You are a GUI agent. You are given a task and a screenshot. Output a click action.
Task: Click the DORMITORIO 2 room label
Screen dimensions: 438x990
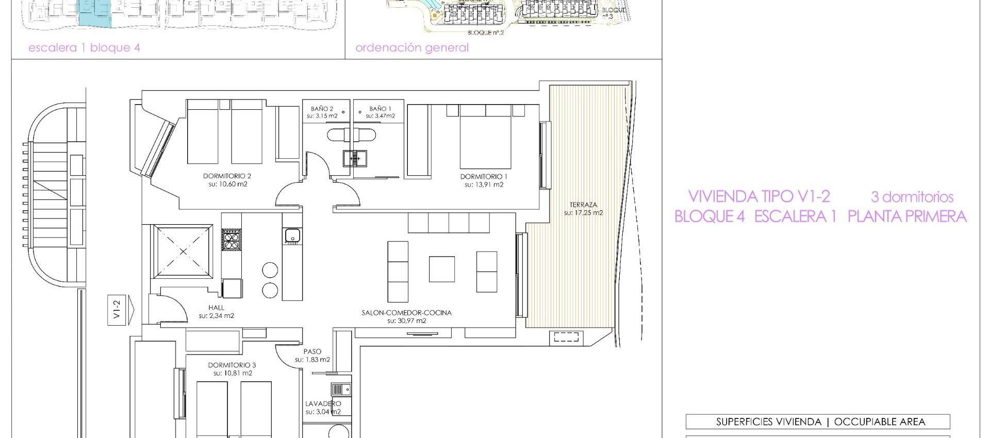coord(227,176)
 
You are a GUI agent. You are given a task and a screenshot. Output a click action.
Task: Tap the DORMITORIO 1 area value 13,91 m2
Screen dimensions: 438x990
coord(484,184)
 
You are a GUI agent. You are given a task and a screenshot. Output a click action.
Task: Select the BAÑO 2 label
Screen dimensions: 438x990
coord(322,109)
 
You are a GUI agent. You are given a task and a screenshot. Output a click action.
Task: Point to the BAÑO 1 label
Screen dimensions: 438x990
coord(381,109)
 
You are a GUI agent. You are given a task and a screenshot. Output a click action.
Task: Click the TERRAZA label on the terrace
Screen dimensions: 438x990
coord(583,205)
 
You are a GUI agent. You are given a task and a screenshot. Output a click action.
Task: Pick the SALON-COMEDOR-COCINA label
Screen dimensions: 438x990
coord(406,313)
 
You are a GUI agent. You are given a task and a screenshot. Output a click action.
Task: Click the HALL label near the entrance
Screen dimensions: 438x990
coord(216,308)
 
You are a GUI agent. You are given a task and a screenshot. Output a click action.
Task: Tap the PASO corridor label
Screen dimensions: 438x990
coord(312,351)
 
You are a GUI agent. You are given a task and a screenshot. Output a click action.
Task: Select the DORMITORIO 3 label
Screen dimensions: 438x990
coord(232,365)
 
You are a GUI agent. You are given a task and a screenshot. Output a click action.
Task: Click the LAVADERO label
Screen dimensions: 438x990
coord(323,403)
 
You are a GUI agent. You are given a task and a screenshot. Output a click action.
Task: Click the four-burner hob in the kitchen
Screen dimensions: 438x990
coord(231,240)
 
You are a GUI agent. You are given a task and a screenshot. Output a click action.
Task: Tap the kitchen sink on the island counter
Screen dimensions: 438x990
coord(292,235)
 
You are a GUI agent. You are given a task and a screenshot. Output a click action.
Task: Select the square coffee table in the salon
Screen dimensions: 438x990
coord(442,269)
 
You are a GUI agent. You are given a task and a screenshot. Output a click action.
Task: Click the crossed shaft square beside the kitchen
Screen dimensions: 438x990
coord(183,251)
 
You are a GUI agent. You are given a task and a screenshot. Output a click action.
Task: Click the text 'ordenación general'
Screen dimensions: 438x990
coord(412,48)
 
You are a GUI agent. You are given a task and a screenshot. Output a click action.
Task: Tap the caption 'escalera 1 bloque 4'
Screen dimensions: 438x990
coord(84,48)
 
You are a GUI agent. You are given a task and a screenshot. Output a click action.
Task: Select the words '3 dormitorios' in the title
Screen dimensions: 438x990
coord(912,197)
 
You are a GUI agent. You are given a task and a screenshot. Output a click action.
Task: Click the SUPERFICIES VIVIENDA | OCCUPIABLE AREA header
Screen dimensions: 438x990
coord(817,422)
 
